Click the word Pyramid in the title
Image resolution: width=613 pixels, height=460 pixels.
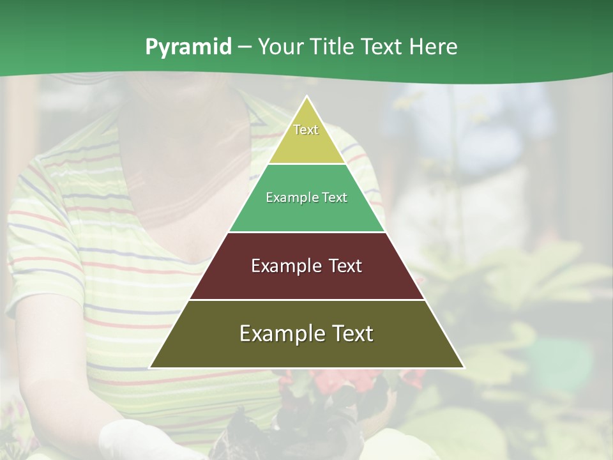[x=188, y=47]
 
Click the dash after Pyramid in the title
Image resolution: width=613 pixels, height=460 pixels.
[x=244, y=47]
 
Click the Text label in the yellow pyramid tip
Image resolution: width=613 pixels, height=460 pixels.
[x=306, y=130]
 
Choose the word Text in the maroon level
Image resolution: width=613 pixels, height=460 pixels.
[x=345, y=266]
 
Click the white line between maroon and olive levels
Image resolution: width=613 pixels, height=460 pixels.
[x=307, y=300]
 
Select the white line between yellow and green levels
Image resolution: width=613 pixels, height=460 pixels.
[x=307, y=164]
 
